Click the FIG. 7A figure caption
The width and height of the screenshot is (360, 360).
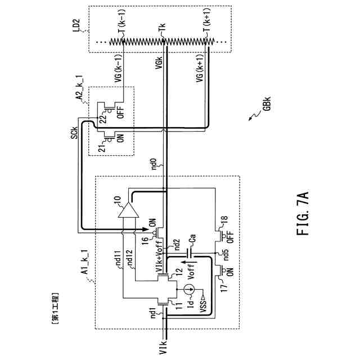304,213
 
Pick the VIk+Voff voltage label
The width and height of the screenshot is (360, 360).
162,256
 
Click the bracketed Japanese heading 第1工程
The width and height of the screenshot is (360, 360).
55,307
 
